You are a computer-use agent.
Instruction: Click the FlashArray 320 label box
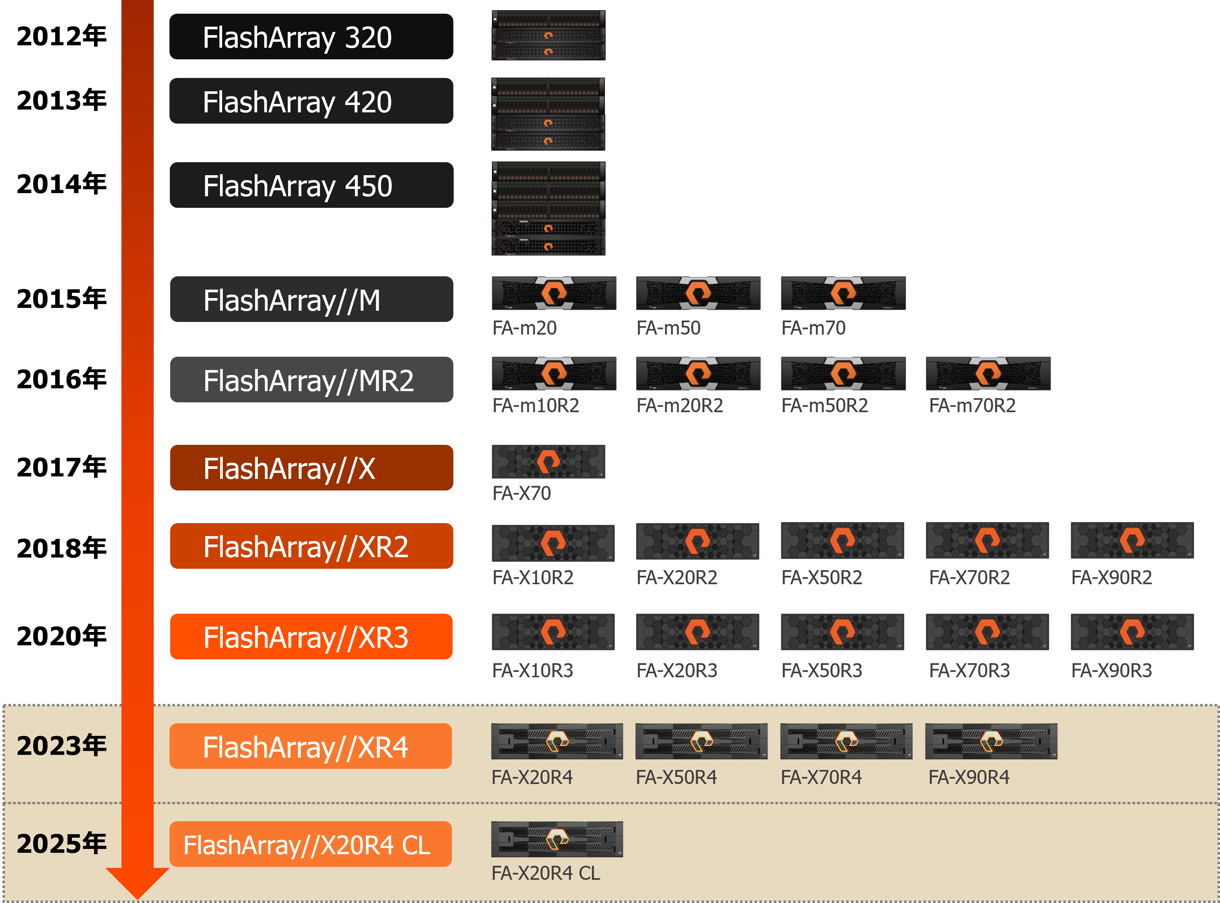[x=312, y=37]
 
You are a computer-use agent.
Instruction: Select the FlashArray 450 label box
[x=312, y=185]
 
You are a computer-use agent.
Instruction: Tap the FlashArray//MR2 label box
[x=312, y=380]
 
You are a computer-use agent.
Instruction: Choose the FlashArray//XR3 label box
[x=312, y=637]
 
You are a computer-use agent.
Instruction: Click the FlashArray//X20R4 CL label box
[x=310, y=844]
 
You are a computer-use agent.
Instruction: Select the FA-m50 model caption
[x=668, y=328]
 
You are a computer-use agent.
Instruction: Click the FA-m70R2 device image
[x=988, y=373]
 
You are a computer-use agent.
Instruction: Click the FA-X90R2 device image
[x=1132, y=541]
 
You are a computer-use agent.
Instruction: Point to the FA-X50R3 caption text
[x=822, y=670]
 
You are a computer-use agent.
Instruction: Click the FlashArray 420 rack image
[x=548, y=114]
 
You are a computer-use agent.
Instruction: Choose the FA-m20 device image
[x=554, y=293]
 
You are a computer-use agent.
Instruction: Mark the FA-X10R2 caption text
[x=533, y=577]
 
